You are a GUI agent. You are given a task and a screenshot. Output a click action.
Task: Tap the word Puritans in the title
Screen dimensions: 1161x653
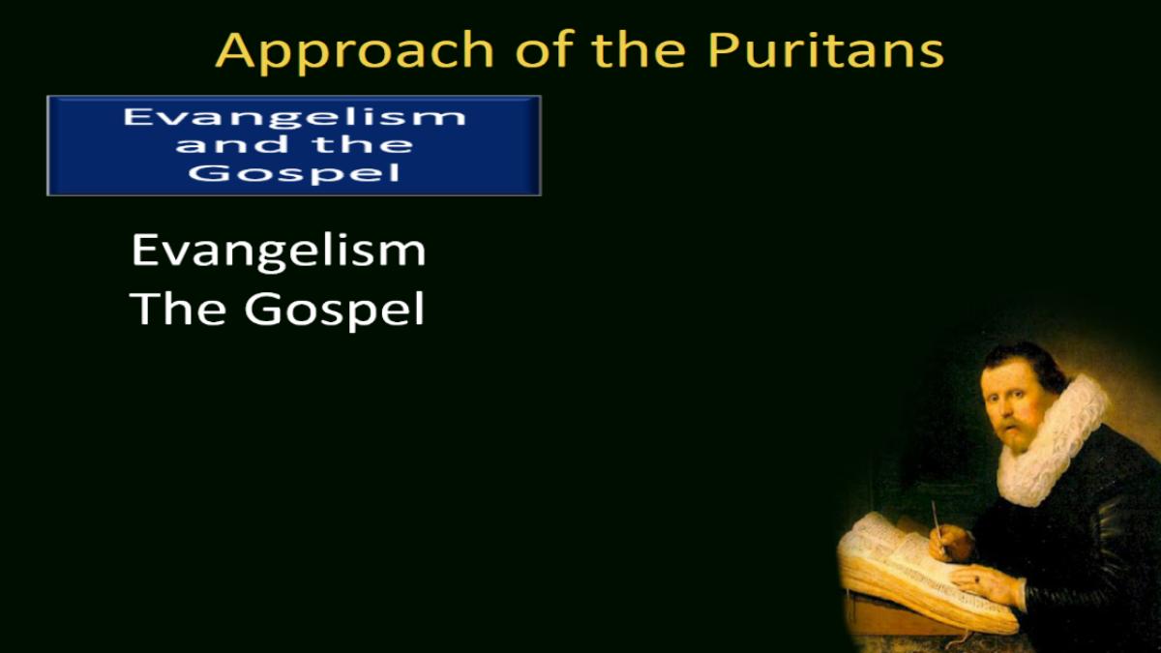825,50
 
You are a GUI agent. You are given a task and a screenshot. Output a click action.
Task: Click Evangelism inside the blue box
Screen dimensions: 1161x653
294,118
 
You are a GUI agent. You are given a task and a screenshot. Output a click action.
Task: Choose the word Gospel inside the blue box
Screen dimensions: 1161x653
294,172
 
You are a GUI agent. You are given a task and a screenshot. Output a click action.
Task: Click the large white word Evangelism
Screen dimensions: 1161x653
279,251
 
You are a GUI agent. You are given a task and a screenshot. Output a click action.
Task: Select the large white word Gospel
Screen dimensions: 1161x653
335,310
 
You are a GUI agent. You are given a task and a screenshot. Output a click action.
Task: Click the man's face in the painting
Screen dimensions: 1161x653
1008,409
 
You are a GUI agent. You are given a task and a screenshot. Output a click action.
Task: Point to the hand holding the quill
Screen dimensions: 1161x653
951,543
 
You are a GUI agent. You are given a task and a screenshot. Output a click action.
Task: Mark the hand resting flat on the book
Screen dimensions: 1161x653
985,583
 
